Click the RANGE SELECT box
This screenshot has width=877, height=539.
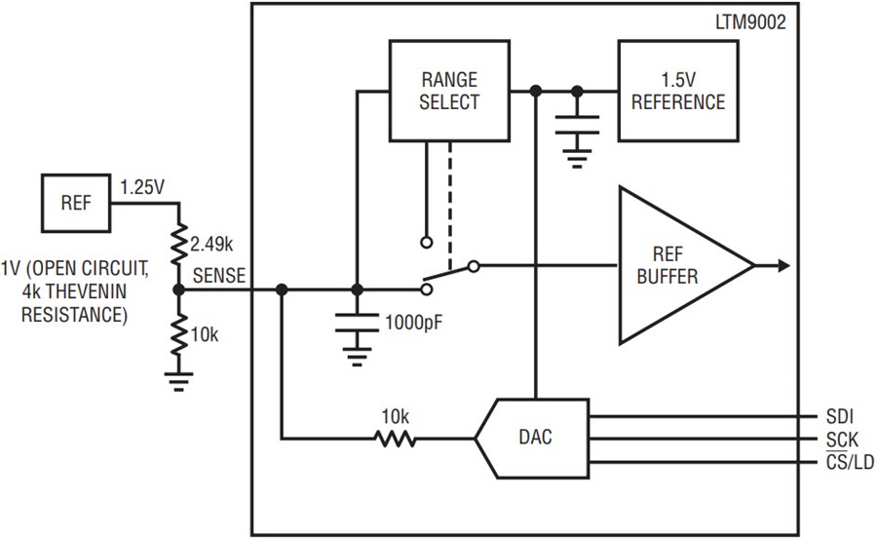coord(449,91)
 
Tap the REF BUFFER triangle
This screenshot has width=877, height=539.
coord(672,265)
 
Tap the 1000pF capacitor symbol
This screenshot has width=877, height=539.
coord(357,323)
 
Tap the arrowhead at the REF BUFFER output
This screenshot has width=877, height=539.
coord(782,265)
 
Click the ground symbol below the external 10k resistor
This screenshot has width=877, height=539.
coord(178,379)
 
